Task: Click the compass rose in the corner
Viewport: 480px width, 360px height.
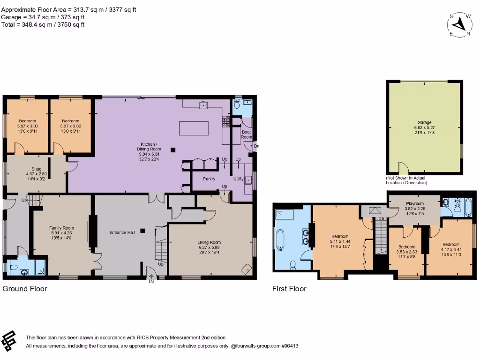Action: point(459,25)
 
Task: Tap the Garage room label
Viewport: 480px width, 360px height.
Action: point(424,127)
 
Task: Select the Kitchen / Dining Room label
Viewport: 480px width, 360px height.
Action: point(149,151)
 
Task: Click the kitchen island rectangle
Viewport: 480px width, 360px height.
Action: point(194,128)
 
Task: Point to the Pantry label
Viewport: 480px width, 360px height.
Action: point(209,179)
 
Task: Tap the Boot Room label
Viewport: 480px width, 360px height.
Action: point(247,135)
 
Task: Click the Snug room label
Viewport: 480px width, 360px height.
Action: point(37,174)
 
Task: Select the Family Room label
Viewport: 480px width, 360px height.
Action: point(61,233)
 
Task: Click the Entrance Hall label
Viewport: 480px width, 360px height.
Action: point(122,232)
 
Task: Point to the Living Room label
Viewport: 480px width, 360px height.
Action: point(209,247)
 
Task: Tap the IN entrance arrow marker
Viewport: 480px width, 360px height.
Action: point(151,278)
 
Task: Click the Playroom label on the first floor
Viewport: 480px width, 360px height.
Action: point(415,209)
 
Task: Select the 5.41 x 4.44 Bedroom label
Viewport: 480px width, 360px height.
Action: point(340,241)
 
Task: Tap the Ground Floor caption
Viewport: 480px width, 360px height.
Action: point(25,289)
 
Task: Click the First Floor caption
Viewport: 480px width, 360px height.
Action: point(289,289)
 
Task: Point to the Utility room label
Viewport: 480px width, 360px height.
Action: point(239,179)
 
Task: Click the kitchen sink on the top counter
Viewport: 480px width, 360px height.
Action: point(203,105)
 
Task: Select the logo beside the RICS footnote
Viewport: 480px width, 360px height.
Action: point(8,341)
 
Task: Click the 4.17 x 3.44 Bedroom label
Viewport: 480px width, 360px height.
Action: point(451,249)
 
